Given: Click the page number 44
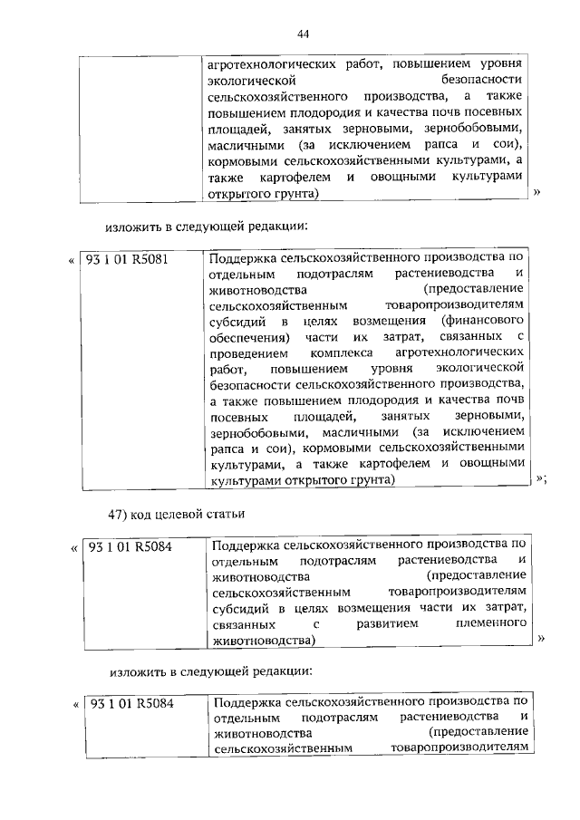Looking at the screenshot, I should pos(303,34).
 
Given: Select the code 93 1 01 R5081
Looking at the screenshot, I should pos(128,258).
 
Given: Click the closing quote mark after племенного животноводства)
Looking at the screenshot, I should pos(540,639).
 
